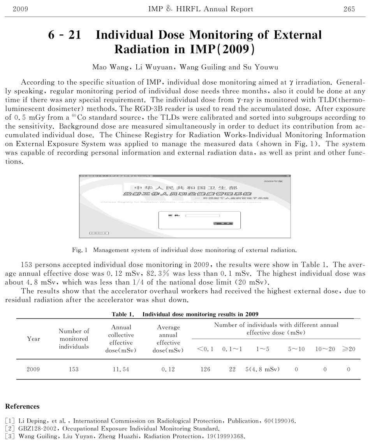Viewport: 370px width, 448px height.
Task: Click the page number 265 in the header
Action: (x=349, y=9)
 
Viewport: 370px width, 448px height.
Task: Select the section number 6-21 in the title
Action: (x=64, y=35)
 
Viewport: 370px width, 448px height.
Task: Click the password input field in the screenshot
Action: (x=203, y=215)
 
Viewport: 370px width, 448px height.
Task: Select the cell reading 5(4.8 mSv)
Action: (x=263, y=369)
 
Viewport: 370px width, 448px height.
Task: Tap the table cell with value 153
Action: (x=74, y=369)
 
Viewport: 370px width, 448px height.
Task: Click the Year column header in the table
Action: (x=34, y=338)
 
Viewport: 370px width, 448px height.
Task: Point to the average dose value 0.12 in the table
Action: (x=167, y=369)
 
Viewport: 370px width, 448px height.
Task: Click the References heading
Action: (x=22, y=406)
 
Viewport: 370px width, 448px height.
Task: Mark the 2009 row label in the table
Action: (x=33, y=369)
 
